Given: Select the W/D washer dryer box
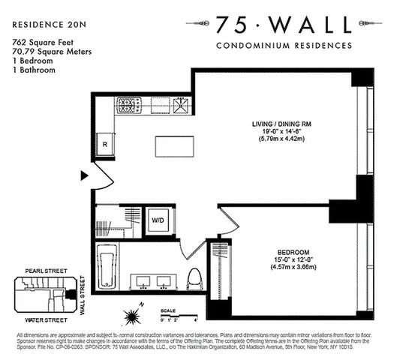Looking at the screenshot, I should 159,220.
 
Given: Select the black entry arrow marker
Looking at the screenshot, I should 85,176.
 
